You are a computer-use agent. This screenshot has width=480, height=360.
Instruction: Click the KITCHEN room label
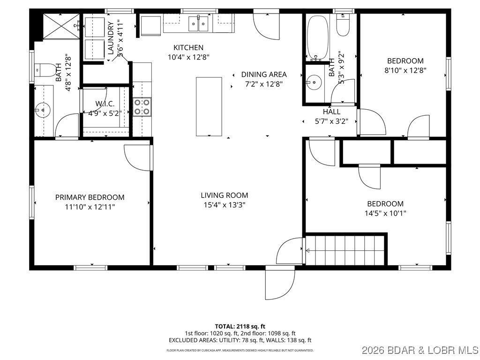pos(188,47)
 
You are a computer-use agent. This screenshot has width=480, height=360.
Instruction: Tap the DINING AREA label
pos(264,74)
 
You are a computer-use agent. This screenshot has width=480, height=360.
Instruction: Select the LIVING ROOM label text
pos(225,195)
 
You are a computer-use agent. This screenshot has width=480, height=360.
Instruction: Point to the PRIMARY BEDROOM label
pos(90,197)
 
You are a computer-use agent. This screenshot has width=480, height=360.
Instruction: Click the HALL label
pos(331,112)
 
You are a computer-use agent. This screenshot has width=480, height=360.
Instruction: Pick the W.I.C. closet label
pos(105,104)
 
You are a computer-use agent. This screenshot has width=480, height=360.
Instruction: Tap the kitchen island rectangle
pos(209,106)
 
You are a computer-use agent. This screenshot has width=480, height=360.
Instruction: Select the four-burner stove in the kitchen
pos(142,106)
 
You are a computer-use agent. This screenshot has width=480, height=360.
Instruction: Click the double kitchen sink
pos(199,23)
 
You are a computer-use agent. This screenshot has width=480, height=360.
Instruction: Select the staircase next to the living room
pos(346,250)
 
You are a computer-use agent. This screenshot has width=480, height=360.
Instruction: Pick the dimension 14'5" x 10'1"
pos(385,213)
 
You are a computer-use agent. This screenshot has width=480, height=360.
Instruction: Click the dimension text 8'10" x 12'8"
pos(405,70)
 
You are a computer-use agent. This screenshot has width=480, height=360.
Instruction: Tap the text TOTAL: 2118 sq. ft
pos(240,326)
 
